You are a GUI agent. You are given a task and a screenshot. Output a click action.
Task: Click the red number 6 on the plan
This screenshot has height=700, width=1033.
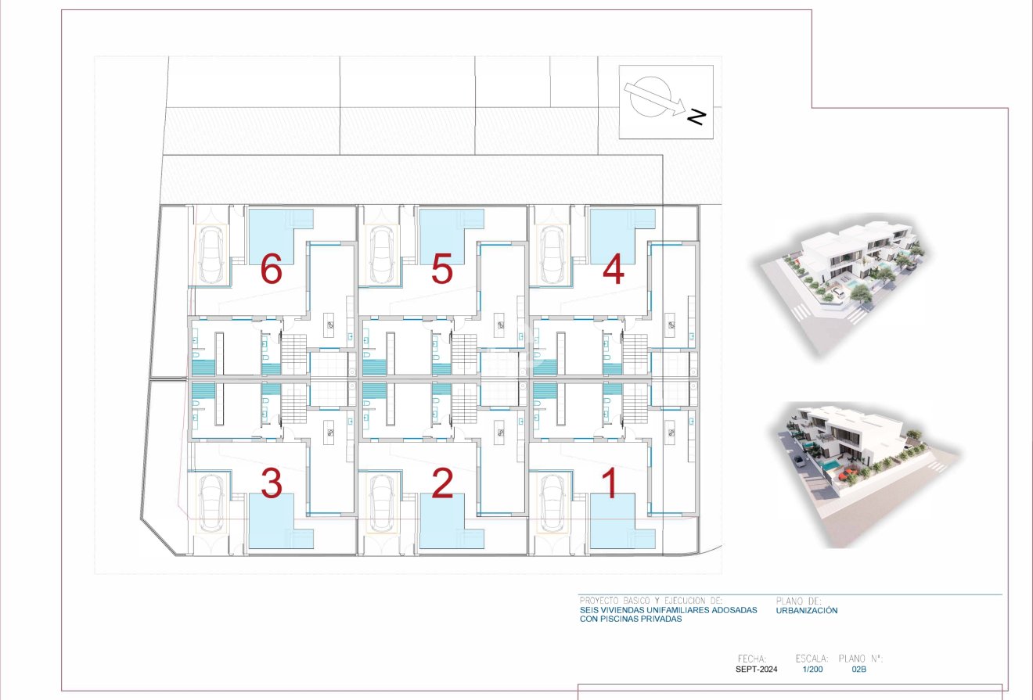click(271, 271)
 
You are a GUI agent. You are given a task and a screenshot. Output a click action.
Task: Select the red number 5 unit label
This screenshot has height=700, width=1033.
click(442, 271)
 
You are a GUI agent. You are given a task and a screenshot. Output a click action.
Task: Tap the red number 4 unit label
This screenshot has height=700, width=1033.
click(613, 271)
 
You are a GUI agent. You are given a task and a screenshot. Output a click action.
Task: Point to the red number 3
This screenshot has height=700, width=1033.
click(271, 484)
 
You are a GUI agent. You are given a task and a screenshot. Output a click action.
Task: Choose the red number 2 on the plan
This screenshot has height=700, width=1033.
click(442, 484)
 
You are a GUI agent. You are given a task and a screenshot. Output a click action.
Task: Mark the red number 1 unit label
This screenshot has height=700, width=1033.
click(612, 484)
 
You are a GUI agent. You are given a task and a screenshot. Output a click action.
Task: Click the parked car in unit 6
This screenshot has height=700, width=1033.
click(211, 254)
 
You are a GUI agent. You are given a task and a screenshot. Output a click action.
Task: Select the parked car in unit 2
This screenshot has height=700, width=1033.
click(382, 501)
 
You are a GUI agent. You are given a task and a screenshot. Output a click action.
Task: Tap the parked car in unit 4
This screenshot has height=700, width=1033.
click(553, 254)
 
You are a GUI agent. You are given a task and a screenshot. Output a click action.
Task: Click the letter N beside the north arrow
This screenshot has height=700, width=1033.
click(696, 117)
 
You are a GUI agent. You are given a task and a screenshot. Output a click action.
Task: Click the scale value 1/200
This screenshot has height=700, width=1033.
click(812, 669)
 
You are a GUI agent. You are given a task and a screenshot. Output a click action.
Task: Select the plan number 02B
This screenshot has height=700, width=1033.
click(858, 669)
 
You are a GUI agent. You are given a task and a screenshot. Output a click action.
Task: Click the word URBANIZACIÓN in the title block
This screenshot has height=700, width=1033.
click(807, 610)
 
